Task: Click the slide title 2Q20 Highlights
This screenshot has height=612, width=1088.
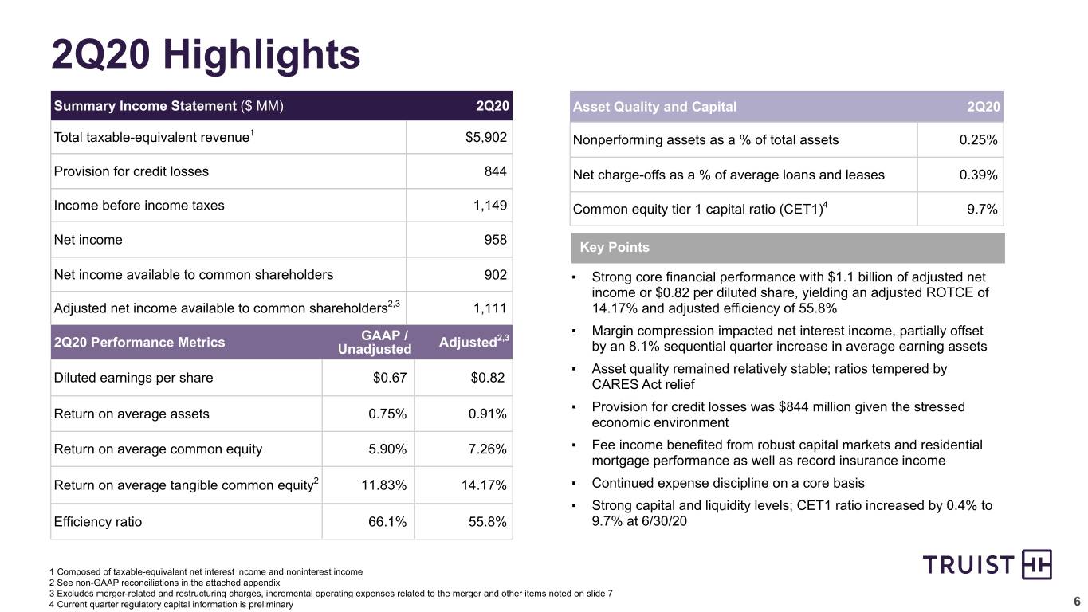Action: click(x=206, y=54)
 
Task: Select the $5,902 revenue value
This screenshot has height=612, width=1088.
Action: click(x=485, y=137)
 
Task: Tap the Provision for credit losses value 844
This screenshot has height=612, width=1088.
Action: click(x=496, y=171)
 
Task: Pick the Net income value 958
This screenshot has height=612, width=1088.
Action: click(x=496, y=239)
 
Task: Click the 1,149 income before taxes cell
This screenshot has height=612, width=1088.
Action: click(x=490, y=206)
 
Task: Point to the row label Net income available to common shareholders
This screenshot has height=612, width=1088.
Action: click(x=194, y=275)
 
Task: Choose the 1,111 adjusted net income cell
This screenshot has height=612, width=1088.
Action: click(x=490, y=308)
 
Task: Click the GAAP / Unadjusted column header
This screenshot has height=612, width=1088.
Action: click(x=375, y=343)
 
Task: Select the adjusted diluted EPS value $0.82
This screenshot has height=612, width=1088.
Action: click(x=488, y=378)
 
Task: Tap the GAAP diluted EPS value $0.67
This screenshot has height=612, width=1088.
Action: click(x=390, y=378)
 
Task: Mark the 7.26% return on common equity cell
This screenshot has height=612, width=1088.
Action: click(x=487, y=449)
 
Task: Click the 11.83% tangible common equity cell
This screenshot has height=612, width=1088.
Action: click(x=383, y=485)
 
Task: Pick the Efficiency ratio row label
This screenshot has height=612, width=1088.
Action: click(x=97, y=522)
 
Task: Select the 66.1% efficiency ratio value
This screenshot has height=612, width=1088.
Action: click(x=387, y=522)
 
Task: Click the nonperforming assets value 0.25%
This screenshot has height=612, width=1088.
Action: click(x=978, y=140)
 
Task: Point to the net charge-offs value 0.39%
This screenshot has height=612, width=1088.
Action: click(x=978, y=175)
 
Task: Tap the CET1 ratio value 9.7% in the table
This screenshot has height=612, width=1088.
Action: click(x=982, y=210)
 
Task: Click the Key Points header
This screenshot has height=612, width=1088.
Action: click(x=615, y=247)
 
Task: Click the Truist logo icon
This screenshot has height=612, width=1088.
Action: click(x=1037, y=564)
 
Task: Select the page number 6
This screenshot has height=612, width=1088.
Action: click(x=1077, y=602)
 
